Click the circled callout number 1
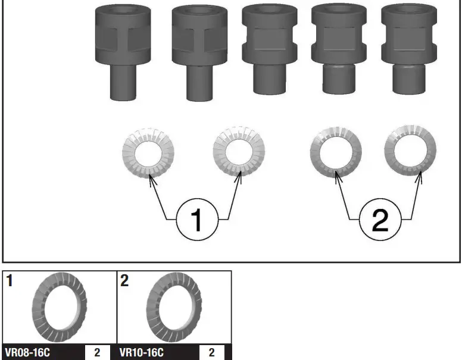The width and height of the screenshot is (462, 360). click(197, 220)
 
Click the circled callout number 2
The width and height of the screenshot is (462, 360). click(380, 220)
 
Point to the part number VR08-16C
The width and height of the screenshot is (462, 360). click(27, 352)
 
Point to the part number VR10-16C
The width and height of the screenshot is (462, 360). click(142, 352)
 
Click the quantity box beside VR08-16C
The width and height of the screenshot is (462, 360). click(97, 352)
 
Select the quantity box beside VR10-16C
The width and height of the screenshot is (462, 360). click(211, 352)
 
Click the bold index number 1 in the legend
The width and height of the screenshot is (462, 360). click(10, 280)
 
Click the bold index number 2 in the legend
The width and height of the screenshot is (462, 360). click(124, 280)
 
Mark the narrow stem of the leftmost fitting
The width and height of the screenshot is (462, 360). click(123, 83)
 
